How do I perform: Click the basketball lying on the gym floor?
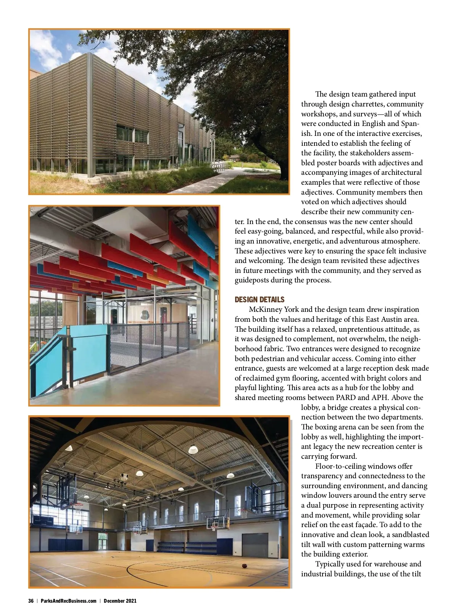coord(244,566)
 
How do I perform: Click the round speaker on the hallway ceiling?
coord(182,213)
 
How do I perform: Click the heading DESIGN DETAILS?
coord(260,300)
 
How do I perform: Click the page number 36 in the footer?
coord(31,601)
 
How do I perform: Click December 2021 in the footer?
coord(120,601)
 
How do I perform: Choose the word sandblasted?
coord(410,535)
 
